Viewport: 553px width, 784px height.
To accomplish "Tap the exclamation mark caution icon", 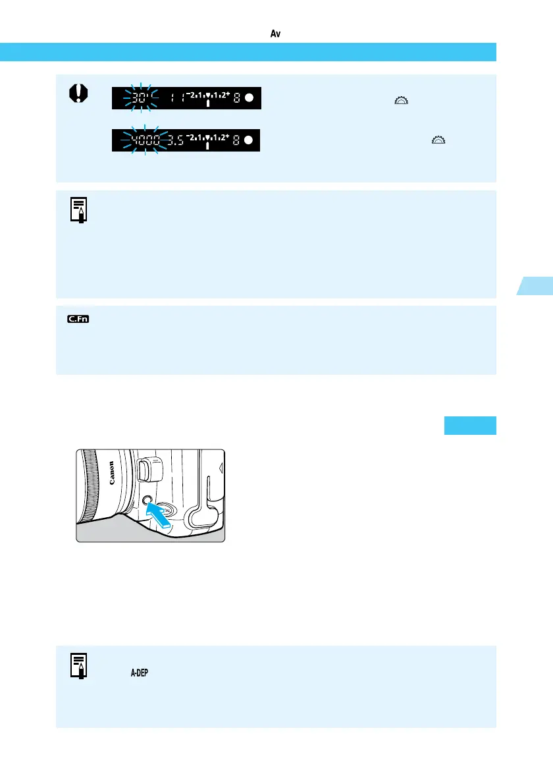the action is click(78, 95).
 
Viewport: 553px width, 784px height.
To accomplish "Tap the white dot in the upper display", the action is click(250, 98).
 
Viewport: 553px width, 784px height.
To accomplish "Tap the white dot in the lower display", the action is click(250, 140).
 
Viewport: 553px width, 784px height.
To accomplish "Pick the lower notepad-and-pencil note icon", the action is click(80, 665).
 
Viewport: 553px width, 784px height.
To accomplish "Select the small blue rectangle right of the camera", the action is click(469, 426).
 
